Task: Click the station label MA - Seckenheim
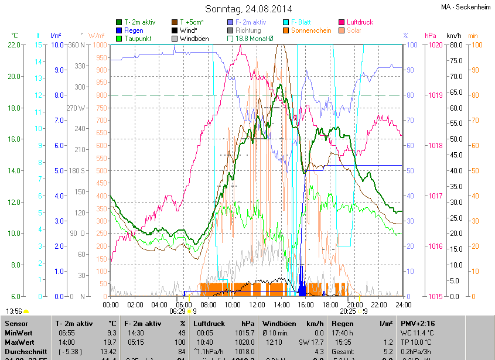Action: click(x=465, y=6)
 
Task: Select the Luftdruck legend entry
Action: click(x=359, y=22)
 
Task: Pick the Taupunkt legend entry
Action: click(x=138, y=39)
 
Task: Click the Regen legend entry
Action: click(x=134, y=30)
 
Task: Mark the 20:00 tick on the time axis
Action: click(x=354, y=304)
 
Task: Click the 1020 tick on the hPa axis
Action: click(x=435, y=45)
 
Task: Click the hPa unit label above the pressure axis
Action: click(x=431, y=36)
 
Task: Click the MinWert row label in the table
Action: click(x=17, y=332)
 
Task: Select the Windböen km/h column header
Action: click(x=293, y=323)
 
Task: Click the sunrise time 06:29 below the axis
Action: click(x=179, y=312)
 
